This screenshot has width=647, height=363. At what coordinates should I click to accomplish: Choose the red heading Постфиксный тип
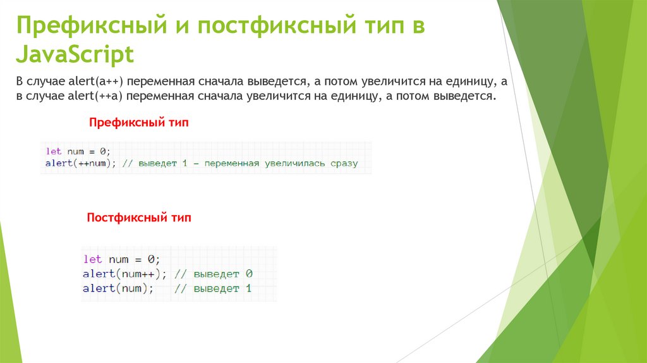pyautogui.click(x=138, y=218)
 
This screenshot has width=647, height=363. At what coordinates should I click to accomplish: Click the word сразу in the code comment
pyautogui.click(x=344, y=163)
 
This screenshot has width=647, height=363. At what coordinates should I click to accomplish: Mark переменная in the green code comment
pyautogui.click(x=231, y=163)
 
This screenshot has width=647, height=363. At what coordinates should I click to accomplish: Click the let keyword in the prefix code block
pyautogui.click(x=54, y=151)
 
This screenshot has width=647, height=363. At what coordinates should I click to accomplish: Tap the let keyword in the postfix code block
pyautogui.click(x=92, y=259)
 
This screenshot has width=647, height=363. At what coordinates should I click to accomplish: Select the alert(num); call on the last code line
pyautogui.click(x=118, y=288)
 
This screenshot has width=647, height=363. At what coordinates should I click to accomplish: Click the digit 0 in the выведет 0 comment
pyautogui.click(x=249, y=274)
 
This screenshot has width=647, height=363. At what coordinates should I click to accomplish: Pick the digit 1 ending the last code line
pyautogui.click(x=249, y=288)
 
